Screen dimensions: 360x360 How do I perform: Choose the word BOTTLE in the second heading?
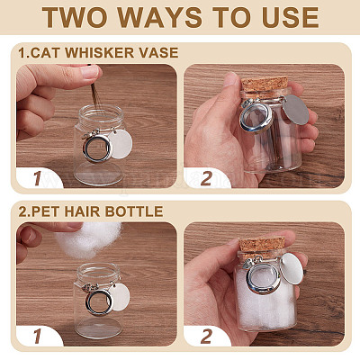pos(133,211)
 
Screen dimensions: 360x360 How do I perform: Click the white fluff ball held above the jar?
pos(88,240)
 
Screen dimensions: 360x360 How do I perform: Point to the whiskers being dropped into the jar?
pos(94,95)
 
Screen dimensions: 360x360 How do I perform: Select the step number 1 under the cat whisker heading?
pos(38,179)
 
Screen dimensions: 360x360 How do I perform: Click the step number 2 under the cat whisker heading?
pos(206,179)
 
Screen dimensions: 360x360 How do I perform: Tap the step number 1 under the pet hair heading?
pos(38,337)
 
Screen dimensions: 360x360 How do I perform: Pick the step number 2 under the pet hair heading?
pos(206,337)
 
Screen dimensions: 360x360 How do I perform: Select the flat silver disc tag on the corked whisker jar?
pos(296,110)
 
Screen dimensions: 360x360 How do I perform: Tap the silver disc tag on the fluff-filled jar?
pos(292,269)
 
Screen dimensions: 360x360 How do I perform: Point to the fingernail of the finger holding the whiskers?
pos(89,72)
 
